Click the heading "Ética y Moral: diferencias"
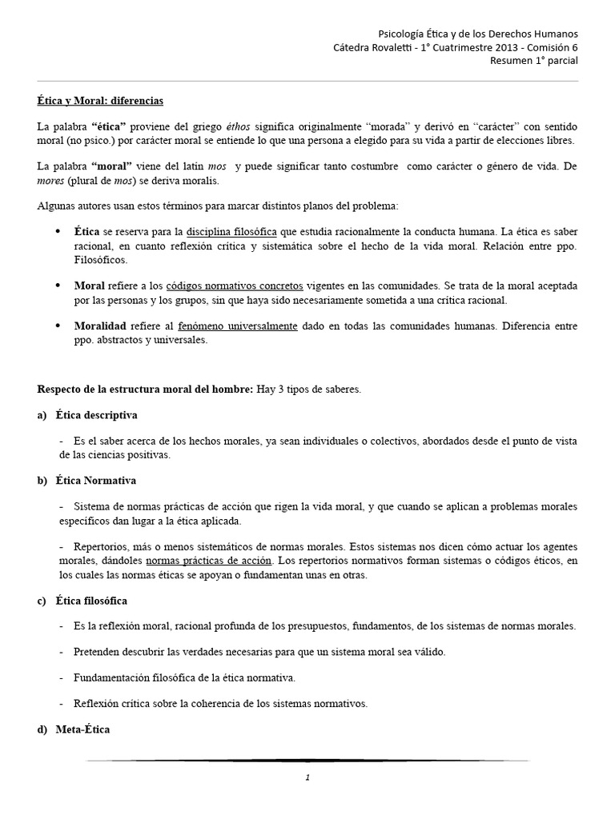[100, 102]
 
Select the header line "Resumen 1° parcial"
[533, 60]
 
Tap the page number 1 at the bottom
[307, 777]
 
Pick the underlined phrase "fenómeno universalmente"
[249, 326]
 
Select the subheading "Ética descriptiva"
[96, 415]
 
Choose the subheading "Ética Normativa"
[96, 481]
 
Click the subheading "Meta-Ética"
[83, 729]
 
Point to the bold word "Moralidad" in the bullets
[100, 326]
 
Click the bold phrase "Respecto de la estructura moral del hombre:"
[145, 390]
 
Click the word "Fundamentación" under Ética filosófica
[111, 677]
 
